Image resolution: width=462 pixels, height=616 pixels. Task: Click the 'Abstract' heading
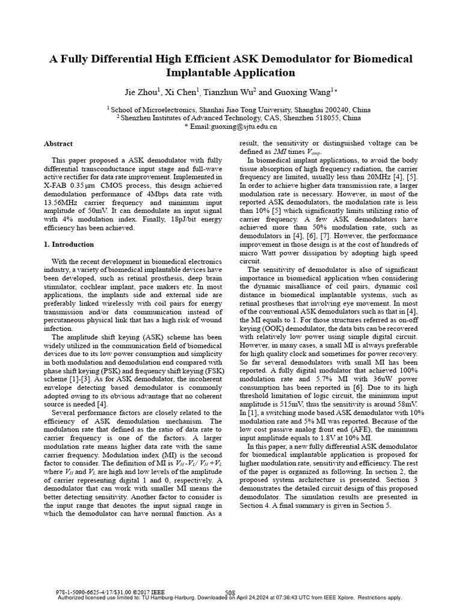[58, 144]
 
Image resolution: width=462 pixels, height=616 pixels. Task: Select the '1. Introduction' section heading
[69, 244]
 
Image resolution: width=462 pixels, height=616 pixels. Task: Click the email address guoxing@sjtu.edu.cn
[234, 127]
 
